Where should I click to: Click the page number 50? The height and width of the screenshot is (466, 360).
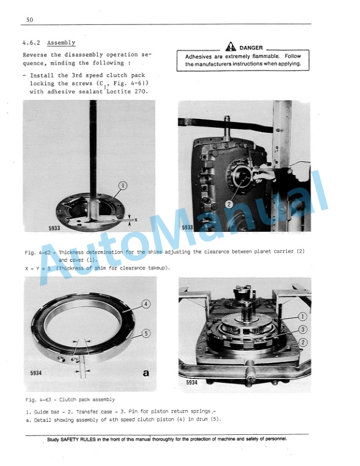click(30, 20)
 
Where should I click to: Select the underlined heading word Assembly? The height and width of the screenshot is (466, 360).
click(61, 43)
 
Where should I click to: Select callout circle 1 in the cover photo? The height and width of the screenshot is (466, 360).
click(122, 187)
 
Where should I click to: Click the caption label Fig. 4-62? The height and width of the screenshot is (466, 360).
click(39, 252)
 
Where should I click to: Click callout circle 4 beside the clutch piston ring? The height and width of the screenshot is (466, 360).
click(145, 304)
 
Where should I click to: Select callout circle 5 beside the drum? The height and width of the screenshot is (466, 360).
click(145, 333)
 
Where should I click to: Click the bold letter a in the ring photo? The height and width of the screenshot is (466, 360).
click(145, 373)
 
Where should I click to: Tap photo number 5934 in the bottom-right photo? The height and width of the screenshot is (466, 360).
click(192, 382)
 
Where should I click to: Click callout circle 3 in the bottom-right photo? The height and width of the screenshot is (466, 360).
click(302, 329)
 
